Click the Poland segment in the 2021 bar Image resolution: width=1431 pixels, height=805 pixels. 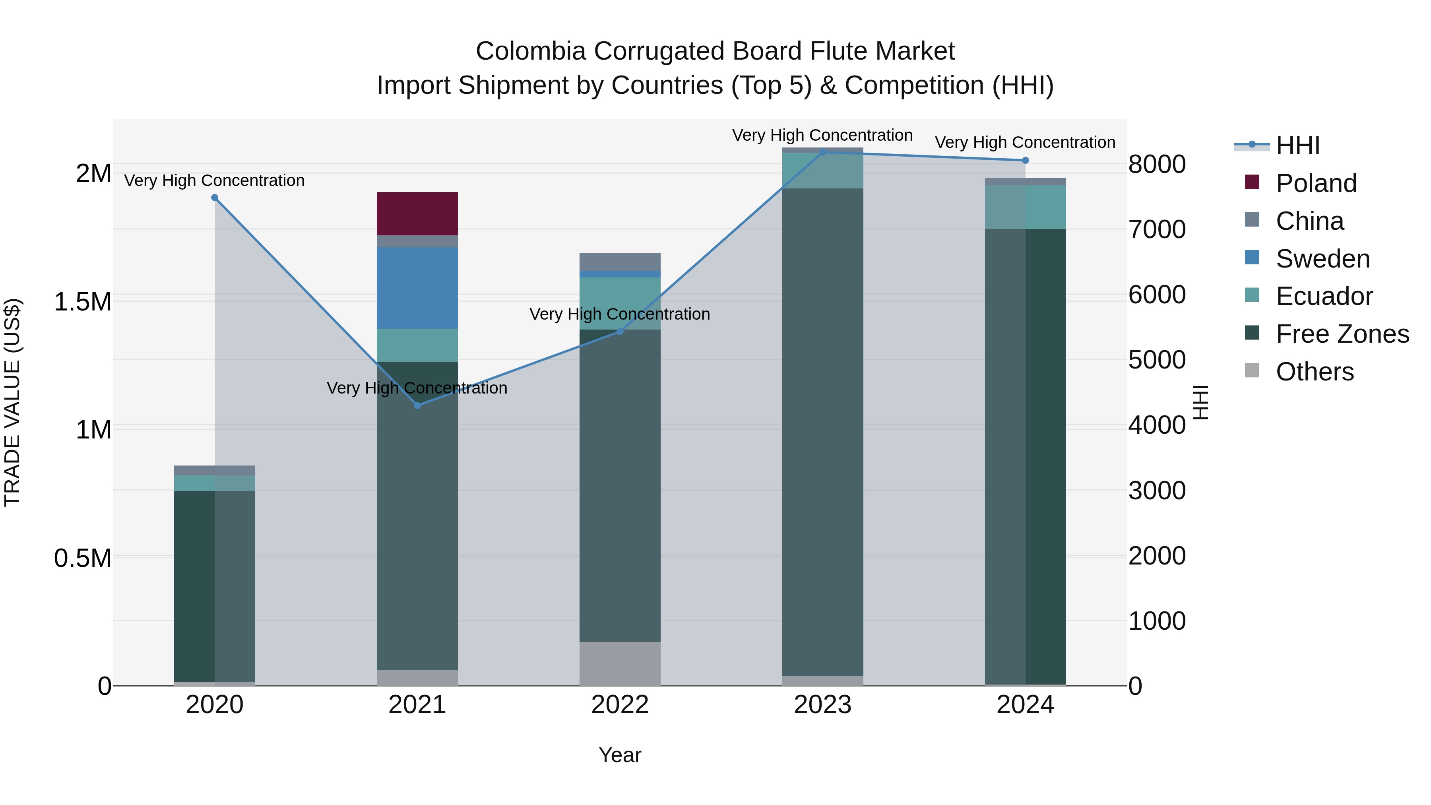pyautogui.click(x=417, y=213)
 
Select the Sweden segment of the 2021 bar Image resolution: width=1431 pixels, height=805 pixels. pyautogui.click(x=417, y=288)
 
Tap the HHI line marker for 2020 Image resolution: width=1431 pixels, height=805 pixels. pyautogui.click(x=215, y=198)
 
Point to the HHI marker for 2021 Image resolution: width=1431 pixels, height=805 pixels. pyautogui.click(x=418, y=405)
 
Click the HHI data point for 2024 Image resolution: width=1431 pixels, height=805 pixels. pyautogui.click(x=1026, y=161)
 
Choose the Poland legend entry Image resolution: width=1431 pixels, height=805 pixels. pyautogui.click(x=1315, y=183)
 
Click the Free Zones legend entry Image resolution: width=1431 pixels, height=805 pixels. pyautogui.click(x=1342, y=334)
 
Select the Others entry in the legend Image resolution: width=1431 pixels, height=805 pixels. pyautogui.click(x=1315, y=372)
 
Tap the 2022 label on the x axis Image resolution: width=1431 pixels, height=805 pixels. pyautogui.click(x=620, y=705)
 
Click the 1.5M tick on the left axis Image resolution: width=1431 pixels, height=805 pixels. pyautogui.click(x=82, y=302)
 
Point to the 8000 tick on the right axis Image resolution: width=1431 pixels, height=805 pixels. pyautogui.click(x=1157, y=165)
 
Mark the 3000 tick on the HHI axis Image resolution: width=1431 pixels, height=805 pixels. pyautogui.click(x=1157, y=491)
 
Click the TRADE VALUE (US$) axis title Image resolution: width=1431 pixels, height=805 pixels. pyautogui.click(x=12, y=402)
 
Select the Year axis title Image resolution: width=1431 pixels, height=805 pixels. pyautogui.click(x=620, y=756)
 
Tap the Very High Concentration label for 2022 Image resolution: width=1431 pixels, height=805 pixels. pyautogui.click(x=619, y=314)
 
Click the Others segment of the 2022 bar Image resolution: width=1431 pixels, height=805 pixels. pyautogui.click(x=620, y=663)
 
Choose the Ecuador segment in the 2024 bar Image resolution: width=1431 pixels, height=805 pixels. pyautogui.click(x=1026, y=207)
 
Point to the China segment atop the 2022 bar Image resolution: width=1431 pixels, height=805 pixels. pyautogui.click(x=620, y=262)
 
